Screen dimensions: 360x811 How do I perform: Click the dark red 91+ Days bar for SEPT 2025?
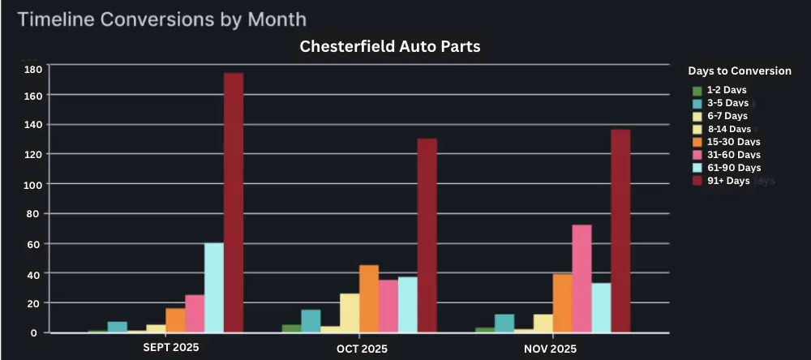coord(234,203)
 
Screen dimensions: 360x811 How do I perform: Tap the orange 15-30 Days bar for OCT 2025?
coord(369,298)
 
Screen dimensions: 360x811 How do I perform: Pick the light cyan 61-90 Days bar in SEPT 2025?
coord(214,287)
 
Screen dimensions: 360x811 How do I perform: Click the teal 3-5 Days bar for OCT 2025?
coord(311,321)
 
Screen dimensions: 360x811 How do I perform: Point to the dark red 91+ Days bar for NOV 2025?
coord(620,230)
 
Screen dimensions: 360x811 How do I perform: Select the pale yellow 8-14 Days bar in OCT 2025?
coord(350,313)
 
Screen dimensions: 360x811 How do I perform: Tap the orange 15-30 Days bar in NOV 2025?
coord(562,303)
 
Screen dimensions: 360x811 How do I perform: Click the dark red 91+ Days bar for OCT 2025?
coord(427,235)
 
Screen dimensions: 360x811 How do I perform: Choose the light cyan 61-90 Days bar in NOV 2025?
coord(601,307)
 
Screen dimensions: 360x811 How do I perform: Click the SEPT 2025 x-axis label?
coord(170,347)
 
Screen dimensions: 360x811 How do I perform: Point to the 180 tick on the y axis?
coord(32,69)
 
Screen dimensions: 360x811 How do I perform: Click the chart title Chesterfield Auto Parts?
coord(390,46)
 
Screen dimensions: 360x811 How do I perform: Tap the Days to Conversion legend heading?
coord(739,71)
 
